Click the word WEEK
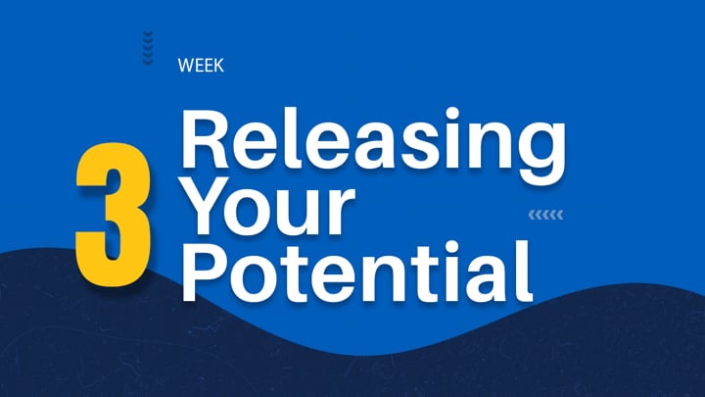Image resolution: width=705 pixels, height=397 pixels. pyautogui.click(x=201, y=66)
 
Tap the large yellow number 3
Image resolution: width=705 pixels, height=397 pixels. pyautogui.click(x=113, y=215)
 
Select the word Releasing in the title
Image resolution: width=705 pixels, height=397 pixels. pyautogui.click(x=373, y=144)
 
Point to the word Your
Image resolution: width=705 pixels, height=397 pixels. pyautogui.click(x=268, y=205)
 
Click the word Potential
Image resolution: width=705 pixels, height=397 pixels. pyautogui.click(x=356, y=272)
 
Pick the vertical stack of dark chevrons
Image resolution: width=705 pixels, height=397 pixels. pyautogui.click(x=148, y=48)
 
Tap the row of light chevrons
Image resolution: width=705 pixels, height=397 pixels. pyautogui.click(x=545, y=215)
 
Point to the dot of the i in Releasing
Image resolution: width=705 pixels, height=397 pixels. pyautogui.click(x=451, y=113)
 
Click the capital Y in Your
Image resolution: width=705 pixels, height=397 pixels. pyautogui.click(x=209, y=205)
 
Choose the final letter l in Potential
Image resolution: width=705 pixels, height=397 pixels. pyautogui.click(x=526, y=272)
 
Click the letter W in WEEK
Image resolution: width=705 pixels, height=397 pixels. pyautogui.click(x=187, y=66)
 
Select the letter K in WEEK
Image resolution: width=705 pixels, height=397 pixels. pyautogui.click(x=218, y=66)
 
